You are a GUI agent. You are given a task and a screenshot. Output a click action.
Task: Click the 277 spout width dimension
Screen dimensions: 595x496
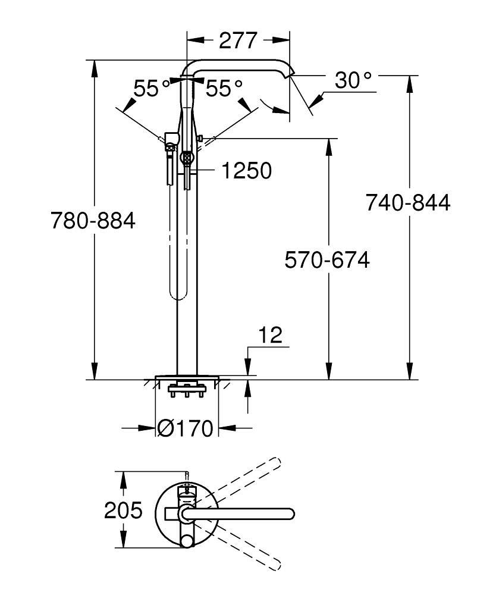click(x=238, y=40)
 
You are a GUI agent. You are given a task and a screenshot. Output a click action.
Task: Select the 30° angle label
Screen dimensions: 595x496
click(x=352, y=80)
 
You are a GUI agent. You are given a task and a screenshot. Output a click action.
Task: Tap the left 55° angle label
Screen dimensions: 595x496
click(x=152, y=89)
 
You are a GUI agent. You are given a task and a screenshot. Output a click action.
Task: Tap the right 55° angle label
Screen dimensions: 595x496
click(x=224, y=89)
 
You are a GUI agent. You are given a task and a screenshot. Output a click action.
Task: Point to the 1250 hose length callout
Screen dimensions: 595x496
click(x=246, y=171)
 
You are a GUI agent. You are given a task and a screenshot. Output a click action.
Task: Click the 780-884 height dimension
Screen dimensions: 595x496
click(x=93, y=221)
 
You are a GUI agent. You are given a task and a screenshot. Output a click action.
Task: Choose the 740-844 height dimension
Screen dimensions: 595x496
click(x=408, y=203)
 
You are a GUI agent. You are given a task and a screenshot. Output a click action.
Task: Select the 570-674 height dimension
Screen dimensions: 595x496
click(x=327, y=260)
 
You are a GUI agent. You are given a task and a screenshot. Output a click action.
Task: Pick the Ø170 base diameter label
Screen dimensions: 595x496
click(x=186, y=428)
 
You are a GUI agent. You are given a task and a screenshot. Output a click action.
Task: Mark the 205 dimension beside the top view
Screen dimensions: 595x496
click(x=124, y=510)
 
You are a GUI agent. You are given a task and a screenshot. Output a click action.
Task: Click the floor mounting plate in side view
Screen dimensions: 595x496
click(x=187, y=377)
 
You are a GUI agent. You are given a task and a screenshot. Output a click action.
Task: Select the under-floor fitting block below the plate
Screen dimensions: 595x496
click(x=187, y=391)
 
